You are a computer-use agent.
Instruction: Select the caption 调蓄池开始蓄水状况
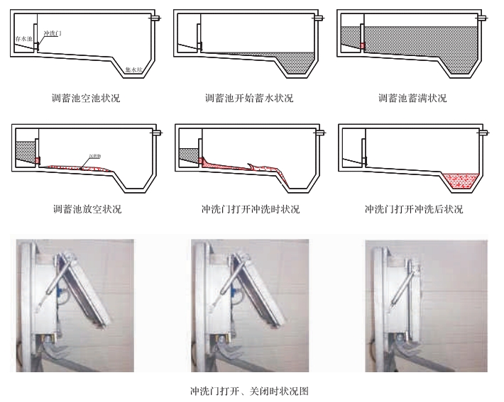coord(248,99)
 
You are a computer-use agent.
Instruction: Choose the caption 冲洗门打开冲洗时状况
coord(250,209)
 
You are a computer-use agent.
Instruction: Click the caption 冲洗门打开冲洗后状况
coord(413,209)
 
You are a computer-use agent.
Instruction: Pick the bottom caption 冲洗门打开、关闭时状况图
coord(249,391)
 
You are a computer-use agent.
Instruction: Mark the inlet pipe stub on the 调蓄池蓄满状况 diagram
coord(483,17)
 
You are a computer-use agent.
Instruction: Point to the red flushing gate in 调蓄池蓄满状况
coord(362,45)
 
